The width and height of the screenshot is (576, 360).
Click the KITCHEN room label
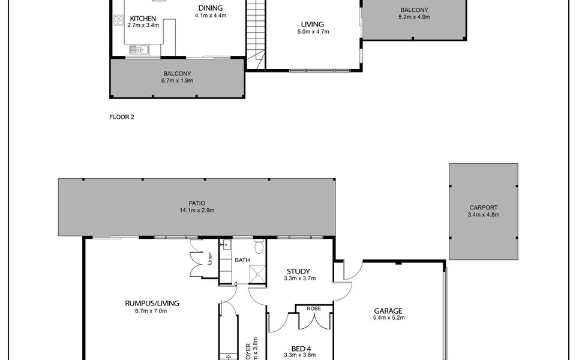pos(143,19)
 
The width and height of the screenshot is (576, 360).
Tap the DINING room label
pos(210,8)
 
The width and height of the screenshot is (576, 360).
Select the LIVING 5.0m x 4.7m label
pos(312,28)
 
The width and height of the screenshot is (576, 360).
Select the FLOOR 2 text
pos(122,117)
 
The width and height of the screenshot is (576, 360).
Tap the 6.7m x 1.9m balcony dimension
pos(177,80)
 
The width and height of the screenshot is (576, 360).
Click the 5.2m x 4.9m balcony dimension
pos(415,17)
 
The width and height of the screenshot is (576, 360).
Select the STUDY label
pos(299,271)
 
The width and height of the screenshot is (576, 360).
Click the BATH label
pos(242,260)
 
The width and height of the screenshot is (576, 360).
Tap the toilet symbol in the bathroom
pos(259,246)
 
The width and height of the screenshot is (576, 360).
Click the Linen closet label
pos(210,259)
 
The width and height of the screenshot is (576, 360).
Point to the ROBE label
pos(313,308)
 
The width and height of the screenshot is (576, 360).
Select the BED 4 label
pos(299,347)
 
